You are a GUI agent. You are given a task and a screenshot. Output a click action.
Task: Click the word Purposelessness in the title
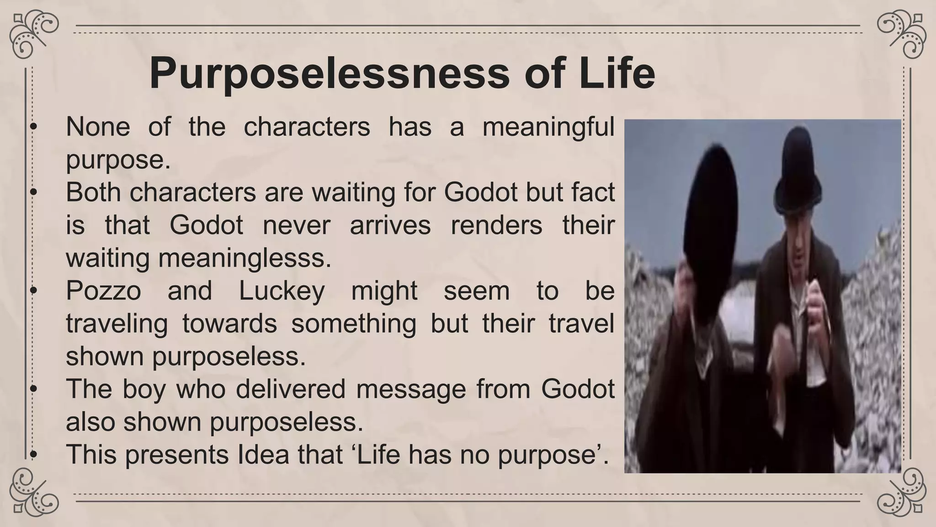point(329,73)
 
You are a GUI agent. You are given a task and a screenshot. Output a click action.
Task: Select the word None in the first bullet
point(98,127)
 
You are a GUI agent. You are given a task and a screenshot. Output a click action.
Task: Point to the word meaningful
point(548,128)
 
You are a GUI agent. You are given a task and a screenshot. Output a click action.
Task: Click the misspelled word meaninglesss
point(244,258)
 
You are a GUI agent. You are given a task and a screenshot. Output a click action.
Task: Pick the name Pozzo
point(103,290)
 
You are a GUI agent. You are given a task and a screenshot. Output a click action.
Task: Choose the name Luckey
point(282,290)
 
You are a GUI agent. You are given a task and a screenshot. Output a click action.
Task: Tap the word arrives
point(390,225)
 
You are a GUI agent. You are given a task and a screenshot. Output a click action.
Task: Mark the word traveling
point(117,323)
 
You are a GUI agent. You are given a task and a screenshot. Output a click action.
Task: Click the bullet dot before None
point(32,128)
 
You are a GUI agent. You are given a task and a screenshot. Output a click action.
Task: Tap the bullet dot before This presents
point(32,455)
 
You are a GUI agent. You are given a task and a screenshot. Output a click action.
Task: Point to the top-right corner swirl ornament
point(901,34)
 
